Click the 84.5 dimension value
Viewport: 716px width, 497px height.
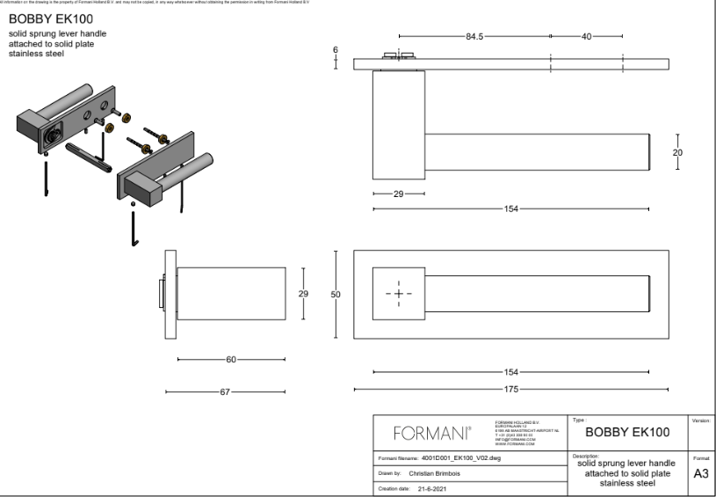click(475, 36)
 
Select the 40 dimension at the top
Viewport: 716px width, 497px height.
click(586, 36)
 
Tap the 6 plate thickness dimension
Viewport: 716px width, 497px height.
click(336, 49)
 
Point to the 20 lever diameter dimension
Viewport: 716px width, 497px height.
click(676, 151)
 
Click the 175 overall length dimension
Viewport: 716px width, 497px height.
click(511, 389)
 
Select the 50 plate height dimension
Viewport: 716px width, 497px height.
click(336, 295)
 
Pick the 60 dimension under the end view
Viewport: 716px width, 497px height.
click(230, 359)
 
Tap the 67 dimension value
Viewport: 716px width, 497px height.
click(225, 391)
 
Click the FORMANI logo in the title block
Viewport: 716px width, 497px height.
click(432, 433)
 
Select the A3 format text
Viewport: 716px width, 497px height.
click(701, 473)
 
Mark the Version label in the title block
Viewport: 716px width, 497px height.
click(701, 420)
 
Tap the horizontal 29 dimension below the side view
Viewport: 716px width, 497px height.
click(399, 194)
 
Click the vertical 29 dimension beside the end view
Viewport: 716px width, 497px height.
click(303, 295)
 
